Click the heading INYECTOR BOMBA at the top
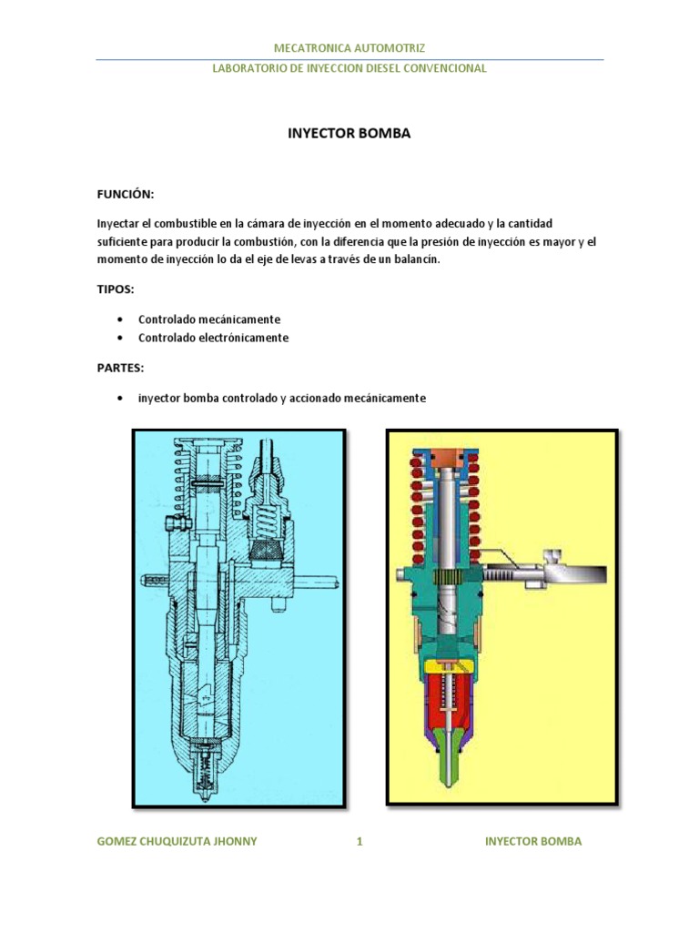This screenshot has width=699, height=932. click(349, 134)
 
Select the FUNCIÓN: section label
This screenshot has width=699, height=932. click(126, 195)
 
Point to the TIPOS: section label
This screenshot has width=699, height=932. click(116, 289)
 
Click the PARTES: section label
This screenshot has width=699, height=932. click(120, 368)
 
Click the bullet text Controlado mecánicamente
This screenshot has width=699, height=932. click(209, 319)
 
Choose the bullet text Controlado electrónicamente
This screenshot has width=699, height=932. click(213, 338)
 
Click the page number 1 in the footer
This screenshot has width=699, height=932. click(360, 841)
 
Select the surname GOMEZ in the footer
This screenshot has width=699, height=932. click(118, 841)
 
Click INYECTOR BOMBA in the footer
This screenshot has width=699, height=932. click(533, 841)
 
